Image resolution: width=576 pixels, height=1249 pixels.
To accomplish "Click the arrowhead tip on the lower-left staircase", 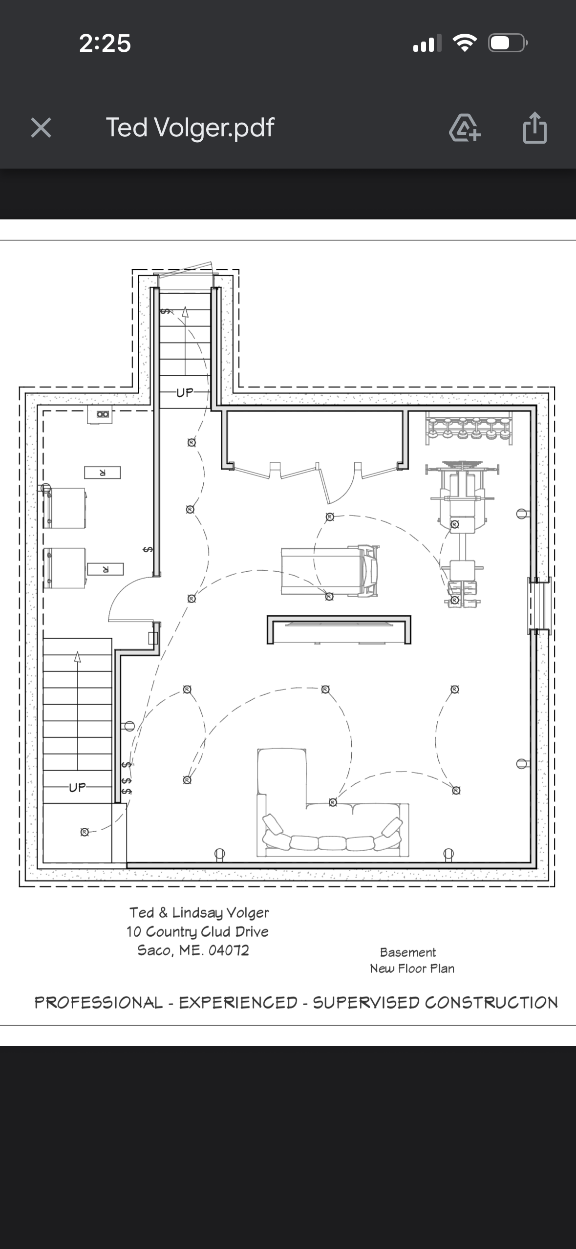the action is (77, 651).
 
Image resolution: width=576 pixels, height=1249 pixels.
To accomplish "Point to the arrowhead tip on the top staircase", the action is (185, 306).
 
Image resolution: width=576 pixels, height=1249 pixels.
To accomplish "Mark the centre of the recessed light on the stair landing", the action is (85, 832).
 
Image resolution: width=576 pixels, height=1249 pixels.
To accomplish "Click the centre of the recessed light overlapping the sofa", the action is (333, 802).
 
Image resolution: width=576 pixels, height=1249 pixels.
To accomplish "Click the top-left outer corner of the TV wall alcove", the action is (267, 616).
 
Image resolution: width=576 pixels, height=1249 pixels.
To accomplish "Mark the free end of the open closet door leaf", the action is (328, 503).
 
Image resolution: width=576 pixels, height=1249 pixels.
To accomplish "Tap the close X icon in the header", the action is (41, 128).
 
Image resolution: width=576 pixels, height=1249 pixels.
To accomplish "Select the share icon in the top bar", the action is (535, 128).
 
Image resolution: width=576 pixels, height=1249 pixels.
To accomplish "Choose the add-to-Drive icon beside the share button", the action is (465, 128).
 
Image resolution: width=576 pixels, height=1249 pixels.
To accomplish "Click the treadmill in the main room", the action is (330, 571).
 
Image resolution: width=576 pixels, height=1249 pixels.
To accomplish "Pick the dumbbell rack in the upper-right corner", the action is (469, 428).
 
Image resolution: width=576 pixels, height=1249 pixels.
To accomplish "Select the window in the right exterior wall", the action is (539, 605).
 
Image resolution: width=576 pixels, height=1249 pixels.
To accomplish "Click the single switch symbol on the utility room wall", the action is (147, 550).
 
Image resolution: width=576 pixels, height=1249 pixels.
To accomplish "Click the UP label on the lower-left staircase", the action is (77, 787).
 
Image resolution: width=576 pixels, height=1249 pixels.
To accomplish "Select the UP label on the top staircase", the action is (185, 392).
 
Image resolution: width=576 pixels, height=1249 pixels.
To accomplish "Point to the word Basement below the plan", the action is (408, 952).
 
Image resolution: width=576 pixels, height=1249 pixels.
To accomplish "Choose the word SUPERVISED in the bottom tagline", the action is (366, 1003).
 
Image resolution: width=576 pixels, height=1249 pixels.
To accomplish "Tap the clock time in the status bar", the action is (105, 43).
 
